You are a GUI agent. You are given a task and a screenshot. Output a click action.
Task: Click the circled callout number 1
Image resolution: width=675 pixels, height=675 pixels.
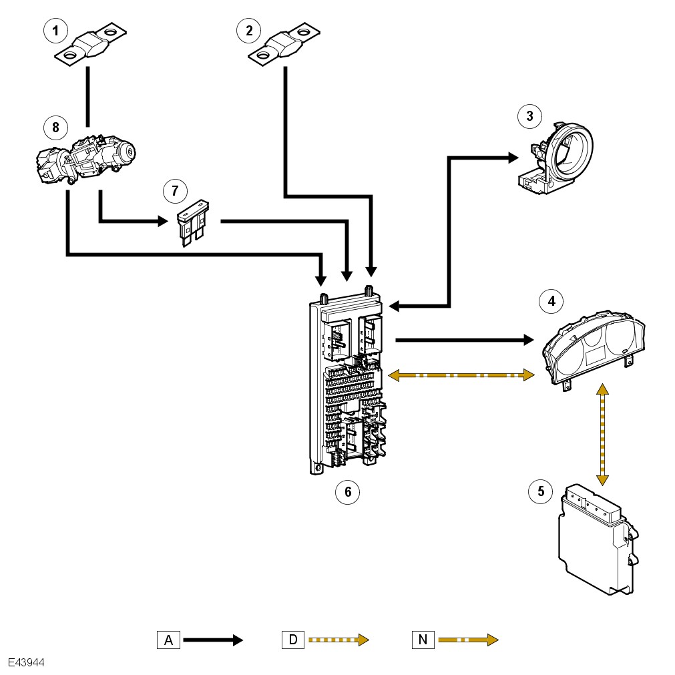coord(55,30)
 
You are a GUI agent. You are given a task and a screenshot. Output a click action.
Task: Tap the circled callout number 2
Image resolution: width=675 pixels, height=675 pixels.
coord(248,30)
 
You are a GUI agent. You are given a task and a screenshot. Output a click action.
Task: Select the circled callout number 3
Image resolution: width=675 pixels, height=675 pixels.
coord(529,116)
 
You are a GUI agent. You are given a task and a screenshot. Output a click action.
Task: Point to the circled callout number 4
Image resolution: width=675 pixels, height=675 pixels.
coord(551,302)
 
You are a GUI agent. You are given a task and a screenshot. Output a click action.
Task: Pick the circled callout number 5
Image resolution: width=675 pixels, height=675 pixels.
coord(540,492)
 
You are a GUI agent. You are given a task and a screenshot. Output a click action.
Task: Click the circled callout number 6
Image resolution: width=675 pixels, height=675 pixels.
coord(347,492)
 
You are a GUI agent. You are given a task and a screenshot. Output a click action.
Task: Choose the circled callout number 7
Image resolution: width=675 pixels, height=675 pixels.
coord(175,191)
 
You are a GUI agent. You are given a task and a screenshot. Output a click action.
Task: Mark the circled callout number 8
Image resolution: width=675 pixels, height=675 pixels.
coord(55,126)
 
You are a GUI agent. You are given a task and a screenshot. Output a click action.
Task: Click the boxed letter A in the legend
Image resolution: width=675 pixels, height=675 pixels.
coord(168,640)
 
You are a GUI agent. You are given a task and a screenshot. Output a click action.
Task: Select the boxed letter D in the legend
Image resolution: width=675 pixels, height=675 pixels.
coord(293,640)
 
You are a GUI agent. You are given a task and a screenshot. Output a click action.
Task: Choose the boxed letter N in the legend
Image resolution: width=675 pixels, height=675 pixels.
coord(423,640)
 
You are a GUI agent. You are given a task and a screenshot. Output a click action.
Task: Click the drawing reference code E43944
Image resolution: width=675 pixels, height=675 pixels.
coord(27,664)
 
